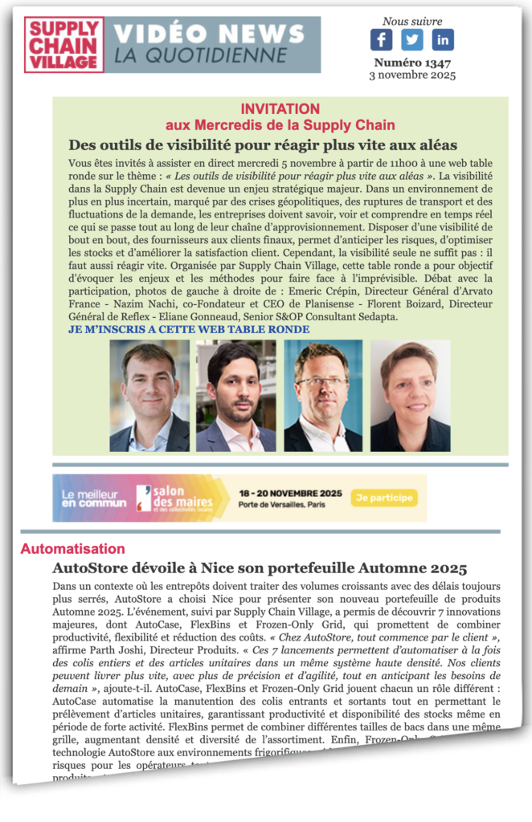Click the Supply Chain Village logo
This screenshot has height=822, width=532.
point(63,45)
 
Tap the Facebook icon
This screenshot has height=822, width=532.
point(381,39)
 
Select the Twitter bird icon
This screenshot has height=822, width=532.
point(412,39)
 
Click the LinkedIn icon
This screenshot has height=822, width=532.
point(443,39)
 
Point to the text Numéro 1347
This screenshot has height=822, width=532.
point(411,63)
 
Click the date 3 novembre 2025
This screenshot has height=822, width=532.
point(411,75)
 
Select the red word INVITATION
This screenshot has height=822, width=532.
point(280,109)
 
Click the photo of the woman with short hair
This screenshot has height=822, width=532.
point(410,395)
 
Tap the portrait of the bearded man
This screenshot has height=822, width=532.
point(236,395)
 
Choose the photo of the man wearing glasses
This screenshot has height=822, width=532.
point(323,395)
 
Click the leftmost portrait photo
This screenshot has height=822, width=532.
point(149,395)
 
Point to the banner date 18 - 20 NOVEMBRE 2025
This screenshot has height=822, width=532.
point(290,492)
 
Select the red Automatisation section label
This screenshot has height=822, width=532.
point(72,549)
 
